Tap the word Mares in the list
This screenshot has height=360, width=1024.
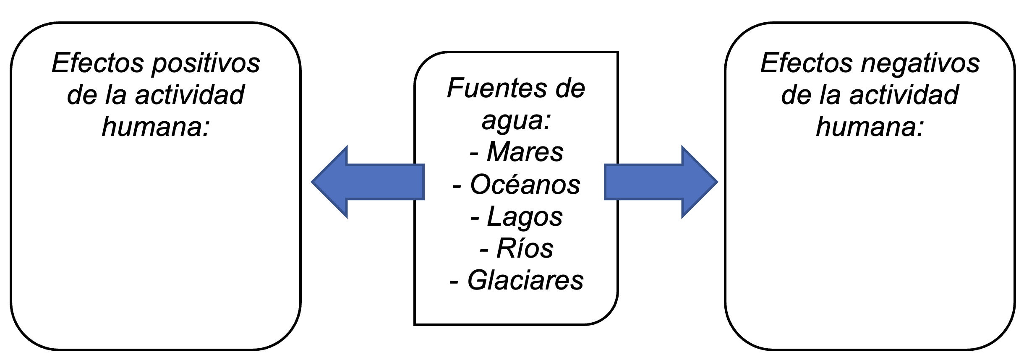click(x=525, y=151)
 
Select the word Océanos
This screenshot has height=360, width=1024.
click(x=525, y=185)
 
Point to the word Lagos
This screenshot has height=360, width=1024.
click(x=525, y=217)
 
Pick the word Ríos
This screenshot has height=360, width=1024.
click(x=525, y=248)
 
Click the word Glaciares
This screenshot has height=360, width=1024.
click(x=525, y=280)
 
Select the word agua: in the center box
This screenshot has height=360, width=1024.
click(x=516, y=120)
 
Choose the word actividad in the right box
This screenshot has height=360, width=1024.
click(x=904, y=95)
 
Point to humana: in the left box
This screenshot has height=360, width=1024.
click(x=156, y=126)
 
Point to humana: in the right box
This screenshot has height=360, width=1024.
click(x=870, y=126)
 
